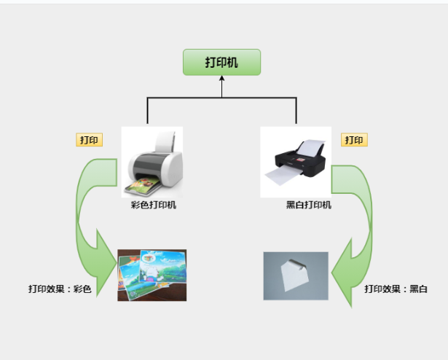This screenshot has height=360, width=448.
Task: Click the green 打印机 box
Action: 221,63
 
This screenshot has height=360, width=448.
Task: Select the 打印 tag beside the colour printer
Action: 89,140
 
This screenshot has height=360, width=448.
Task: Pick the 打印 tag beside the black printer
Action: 354,140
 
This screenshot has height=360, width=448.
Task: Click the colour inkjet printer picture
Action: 152,162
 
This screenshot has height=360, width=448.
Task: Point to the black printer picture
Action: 295,162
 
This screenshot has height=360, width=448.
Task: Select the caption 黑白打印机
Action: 309,205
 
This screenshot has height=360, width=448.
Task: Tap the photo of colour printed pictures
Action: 152,275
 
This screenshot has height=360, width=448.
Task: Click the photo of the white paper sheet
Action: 296,275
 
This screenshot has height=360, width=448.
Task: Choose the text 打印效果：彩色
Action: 60,289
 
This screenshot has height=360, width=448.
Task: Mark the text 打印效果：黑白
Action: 396,289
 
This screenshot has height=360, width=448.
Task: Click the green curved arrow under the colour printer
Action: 84,211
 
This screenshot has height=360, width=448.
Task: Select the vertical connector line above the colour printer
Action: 148,111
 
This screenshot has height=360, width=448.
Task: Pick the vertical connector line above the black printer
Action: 296,111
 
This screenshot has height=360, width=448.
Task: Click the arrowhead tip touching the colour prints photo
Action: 117,276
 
